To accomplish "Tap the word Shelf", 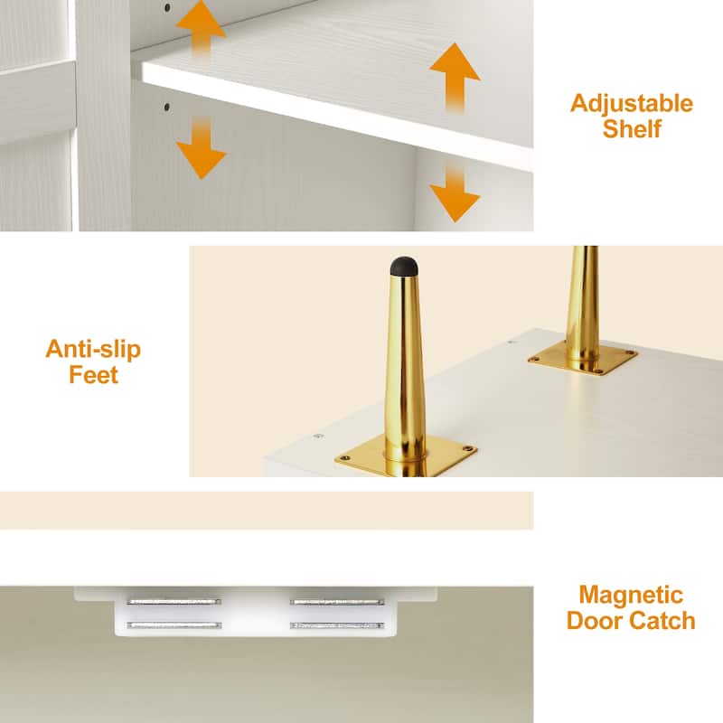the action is (x=632, y=128).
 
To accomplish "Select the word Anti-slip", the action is (x=93, y=349).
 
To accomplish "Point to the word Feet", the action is (x=94, y=374).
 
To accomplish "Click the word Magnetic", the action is (x=631, y=596).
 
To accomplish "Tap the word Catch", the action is (x=662, y=621).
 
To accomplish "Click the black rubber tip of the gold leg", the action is (x=404, y=266).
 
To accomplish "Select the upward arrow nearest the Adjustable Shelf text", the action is (x=455, y=78).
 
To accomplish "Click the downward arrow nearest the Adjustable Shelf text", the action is (x=455, y=193).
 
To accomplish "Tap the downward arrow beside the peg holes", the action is (x=201, y=147).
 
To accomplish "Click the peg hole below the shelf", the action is (x=167, y=108).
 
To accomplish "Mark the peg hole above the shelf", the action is (x=167, y=7).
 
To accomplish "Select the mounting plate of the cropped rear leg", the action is (x=583, y=360).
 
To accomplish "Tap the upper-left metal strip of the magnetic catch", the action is (x=174, y=602).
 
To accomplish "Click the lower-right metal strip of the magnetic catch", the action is (x=337, y=625).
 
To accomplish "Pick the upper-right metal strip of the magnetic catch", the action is (x=337, y=602).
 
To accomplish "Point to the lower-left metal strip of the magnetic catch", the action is (x=174, y=625).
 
